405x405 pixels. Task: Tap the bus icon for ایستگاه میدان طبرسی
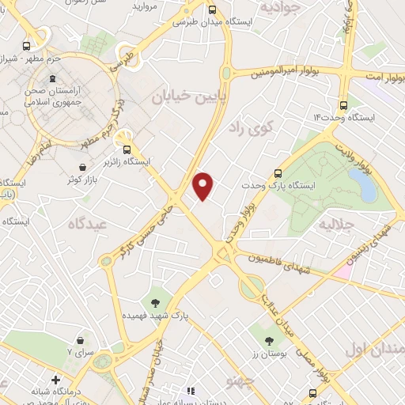211,10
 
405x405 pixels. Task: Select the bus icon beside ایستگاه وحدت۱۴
343,104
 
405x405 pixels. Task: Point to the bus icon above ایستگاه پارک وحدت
278,173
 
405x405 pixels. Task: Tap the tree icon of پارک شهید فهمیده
154,302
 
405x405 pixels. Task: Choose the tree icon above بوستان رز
270,341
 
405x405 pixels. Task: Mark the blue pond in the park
363,185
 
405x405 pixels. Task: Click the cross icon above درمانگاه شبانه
55,379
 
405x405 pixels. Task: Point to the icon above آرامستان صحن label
53,79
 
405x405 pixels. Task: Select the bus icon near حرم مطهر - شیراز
28,47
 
